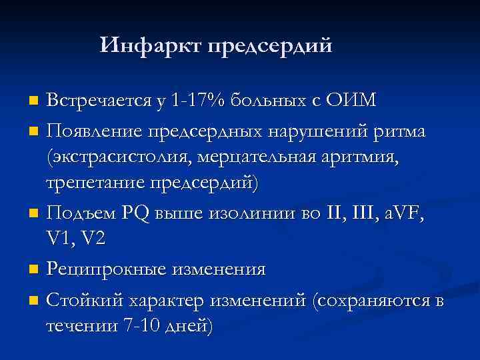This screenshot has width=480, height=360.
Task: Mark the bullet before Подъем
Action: pyautogui.click(x=34, y=215)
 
